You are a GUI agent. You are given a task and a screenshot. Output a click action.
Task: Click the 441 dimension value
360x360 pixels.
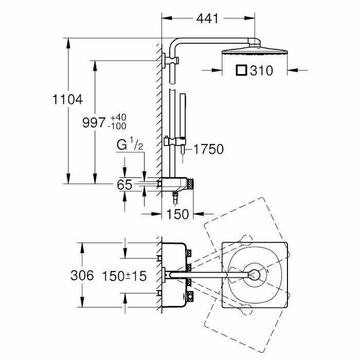pos(208,19)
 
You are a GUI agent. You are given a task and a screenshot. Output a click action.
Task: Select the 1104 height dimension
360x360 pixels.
pos(67,99)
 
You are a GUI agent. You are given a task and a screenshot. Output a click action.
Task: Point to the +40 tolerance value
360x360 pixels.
pos(118,118)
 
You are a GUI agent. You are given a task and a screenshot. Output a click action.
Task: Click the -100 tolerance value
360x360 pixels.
pos(118,126)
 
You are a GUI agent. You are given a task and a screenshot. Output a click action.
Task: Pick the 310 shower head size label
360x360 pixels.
pos(261,71)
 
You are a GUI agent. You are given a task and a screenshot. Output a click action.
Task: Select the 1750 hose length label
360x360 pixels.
pos(208,150)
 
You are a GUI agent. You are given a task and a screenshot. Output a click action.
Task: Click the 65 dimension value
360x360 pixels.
pos(124,184)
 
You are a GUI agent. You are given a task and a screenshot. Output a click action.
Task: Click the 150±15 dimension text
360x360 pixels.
pos(124,276)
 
